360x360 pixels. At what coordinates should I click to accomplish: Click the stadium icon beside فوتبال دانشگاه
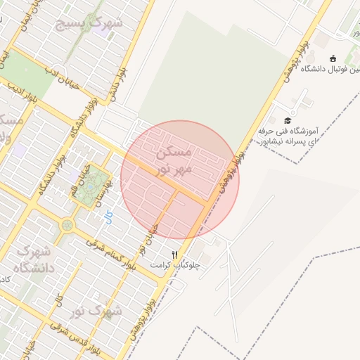click(x=333, y=58)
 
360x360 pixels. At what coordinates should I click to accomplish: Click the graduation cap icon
click(x=287, y=120)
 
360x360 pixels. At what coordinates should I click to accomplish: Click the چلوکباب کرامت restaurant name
click(x=175, y=265)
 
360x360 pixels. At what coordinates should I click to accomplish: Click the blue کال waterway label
click(x=108, y=219)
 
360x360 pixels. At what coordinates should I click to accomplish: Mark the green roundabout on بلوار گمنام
click(x=67, y=226)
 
